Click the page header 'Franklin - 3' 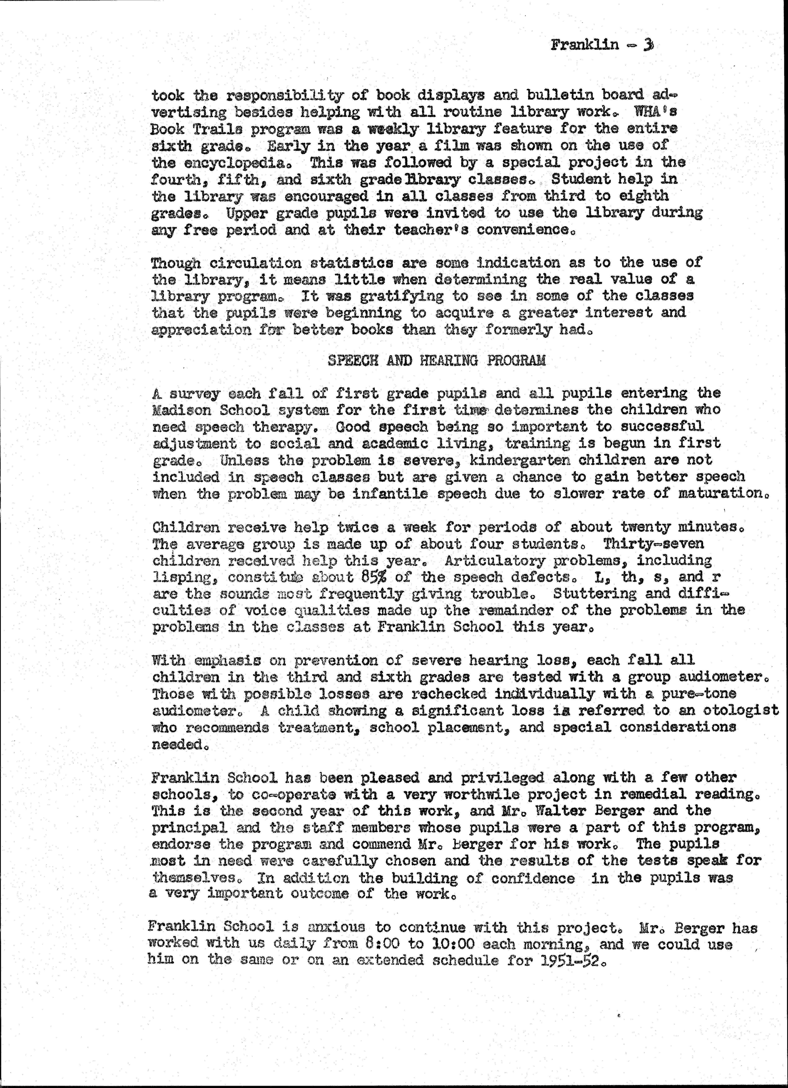tap(602, 45)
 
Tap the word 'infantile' tap(390, 494)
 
